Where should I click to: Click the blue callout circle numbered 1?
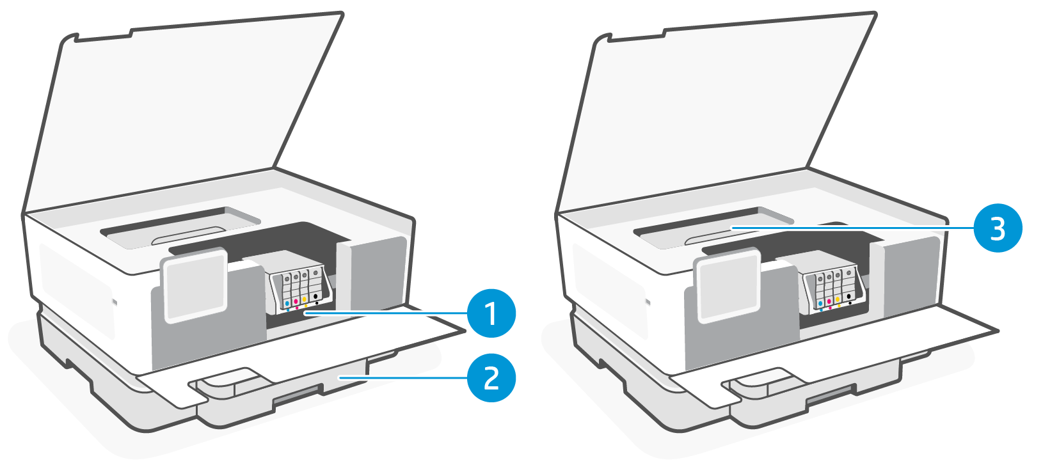[x=491, y=313]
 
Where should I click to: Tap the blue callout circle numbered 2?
[x=491, y=377]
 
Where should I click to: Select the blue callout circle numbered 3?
[x=998, y=228]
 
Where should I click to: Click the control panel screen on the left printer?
[x=195, y=285]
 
